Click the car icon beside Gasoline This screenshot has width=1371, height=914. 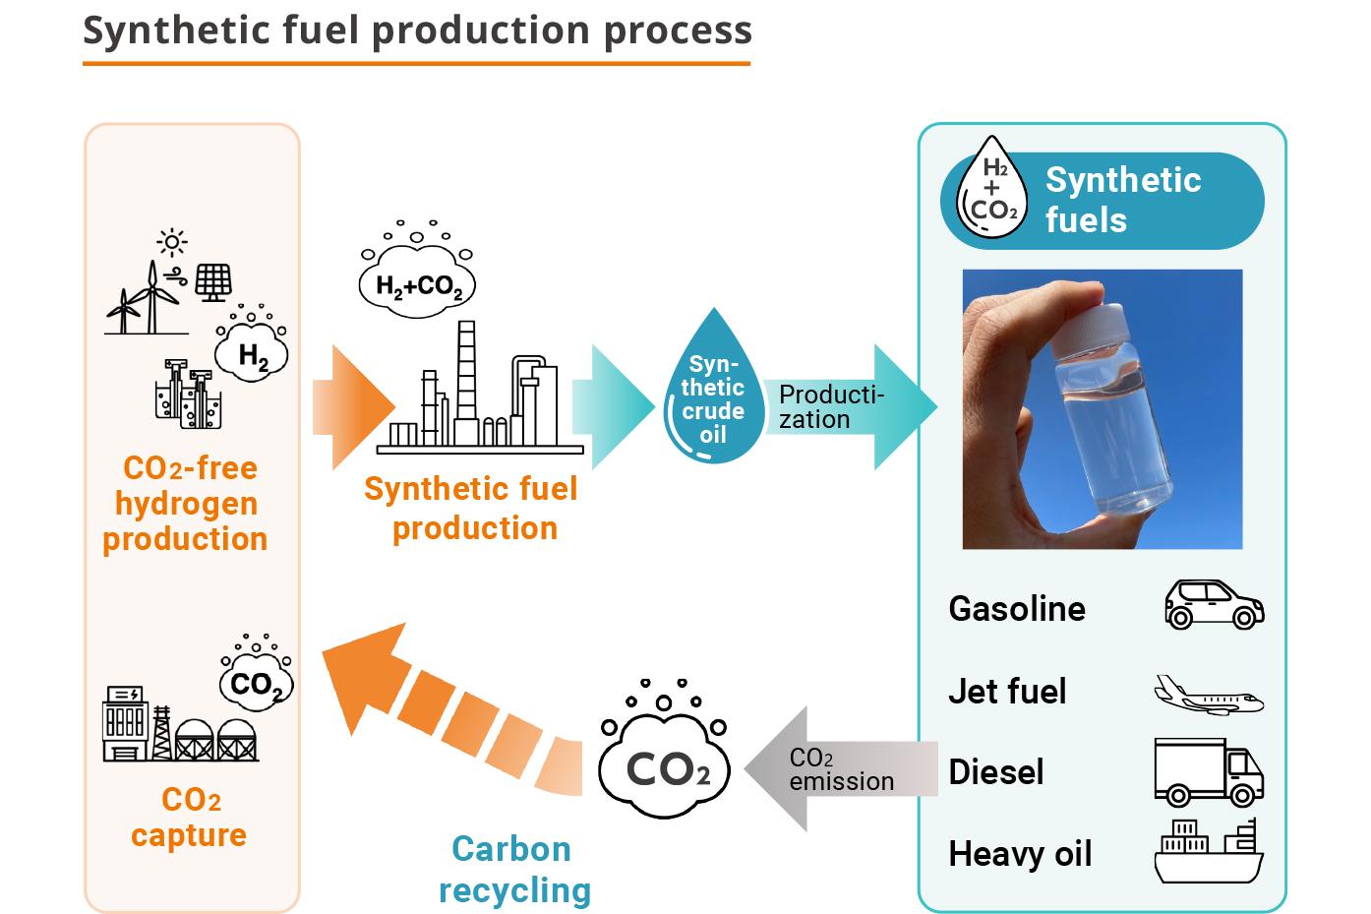click(1214, 604)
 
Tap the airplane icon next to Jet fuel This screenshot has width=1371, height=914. click(1208, 694)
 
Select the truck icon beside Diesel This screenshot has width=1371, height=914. click(1208, 772)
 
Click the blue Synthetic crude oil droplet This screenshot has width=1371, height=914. click(712, 394)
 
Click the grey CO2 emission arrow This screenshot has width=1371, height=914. click(836, 769)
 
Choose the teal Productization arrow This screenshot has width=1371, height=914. click(846, 407)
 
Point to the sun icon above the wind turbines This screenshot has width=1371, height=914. click(172, 242)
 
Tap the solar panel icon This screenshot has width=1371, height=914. click(213, 282)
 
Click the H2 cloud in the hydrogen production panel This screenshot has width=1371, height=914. click(253, 353)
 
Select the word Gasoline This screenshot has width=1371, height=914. click(1017, 608)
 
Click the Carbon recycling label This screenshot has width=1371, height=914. click(513, 869)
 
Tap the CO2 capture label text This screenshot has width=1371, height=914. click(189, 817)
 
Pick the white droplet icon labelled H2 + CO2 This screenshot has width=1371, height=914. click(992, 189)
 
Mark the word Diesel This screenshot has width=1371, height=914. click(995, 772)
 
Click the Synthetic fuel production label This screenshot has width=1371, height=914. click(472, 508)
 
